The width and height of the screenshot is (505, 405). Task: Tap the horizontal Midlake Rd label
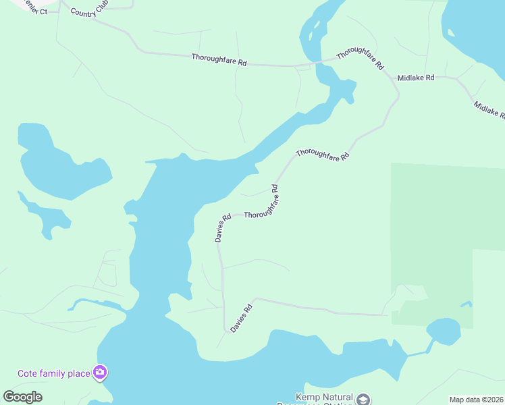[415, 78]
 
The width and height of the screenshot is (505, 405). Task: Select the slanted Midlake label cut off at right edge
[489, 110]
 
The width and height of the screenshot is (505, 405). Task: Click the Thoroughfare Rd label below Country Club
[219, 59]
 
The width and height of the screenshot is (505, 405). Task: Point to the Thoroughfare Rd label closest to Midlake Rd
[361, 59]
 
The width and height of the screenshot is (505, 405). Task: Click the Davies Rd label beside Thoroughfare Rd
[223, 227]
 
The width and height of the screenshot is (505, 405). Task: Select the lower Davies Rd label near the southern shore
[241, 318]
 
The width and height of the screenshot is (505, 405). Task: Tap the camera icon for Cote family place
[100, 372]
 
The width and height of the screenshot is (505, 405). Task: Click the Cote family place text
[53, 373]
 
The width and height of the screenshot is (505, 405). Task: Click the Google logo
[23, 397]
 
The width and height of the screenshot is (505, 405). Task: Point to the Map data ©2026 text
[477, 400]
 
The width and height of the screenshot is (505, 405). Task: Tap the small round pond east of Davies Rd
[443, 331]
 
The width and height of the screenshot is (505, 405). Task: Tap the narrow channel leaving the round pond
[418, 350]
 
